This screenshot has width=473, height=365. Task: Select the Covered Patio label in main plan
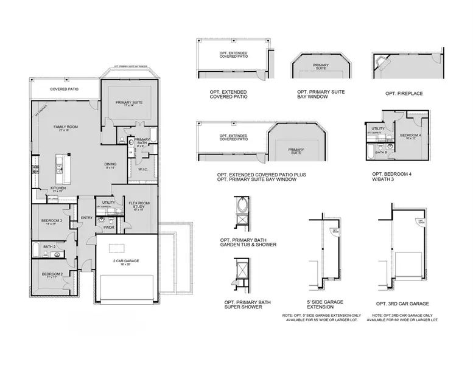tap(63, 89)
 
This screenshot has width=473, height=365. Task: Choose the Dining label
tap(110, 165)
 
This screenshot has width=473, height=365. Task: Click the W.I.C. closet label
tap(141, 170)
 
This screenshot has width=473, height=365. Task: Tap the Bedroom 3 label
tap(49, 221)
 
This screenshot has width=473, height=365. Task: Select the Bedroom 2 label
tap(51, 275)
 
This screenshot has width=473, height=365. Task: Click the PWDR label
tap(110, 228)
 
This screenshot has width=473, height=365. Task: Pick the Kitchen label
tap(58, 190)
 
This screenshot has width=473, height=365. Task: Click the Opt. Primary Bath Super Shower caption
tap(243, 304)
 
